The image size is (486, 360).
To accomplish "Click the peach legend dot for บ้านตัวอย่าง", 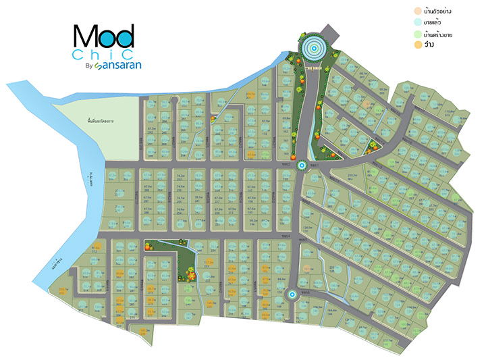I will point(418,11).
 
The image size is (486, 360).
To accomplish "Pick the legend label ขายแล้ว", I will point(435,22).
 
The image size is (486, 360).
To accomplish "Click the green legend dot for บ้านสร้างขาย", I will point(418,34).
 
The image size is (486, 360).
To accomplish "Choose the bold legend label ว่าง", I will point(429,45).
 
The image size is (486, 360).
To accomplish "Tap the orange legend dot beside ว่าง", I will point(418,45).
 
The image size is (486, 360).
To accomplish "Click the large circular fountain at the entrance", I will point(313,47).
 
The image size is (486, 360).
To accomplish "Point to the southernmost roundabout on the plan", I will point(291,294).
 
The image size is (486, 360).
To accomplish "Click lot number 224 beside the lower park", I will point(213,249).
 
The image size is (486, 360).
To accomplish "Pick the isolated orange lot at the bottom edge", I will point(143,331).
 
